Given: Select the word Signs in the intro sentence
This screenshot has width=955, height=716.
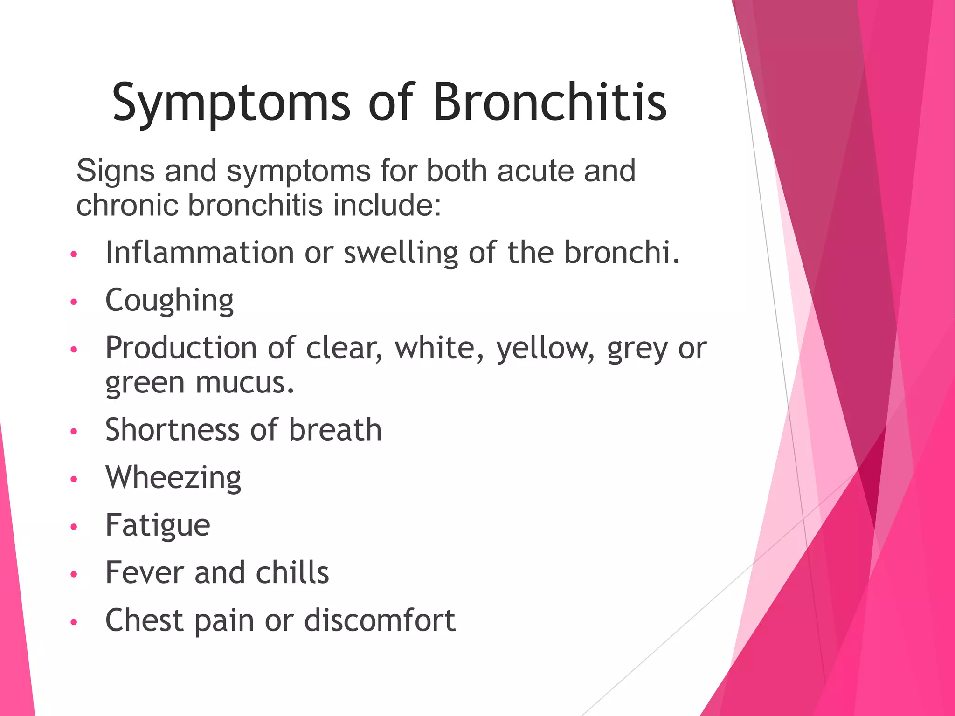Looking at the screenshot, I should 115,171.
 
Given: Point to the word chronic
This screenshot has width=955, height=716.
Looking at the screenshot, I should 127,205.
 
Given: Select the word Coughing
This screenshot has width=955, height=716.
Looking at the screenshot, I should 169,300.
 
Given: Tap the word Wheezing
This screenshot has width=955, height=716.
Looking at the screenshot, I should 173,477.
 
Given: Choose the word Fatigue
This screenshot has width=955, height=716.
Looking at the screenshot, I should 158,525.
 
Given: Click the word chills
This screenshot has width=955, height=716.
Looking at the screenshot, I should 292,572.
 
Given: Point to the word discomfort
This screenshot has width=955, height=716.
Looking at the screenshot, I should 380,620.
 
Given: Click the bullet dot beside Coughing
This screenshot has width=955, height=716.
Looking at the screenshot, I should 73,302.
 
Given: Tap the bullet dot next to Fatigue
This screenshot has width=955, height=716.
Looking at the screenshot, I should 73,527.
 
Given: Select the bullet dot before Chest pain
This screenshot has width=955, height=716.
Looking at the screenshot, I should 73,622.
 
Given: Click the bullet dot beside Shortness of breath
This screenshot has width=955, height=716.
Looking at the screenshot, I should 73,431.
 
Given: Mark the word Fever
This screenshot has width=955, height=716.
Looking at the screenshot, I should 145,572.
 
